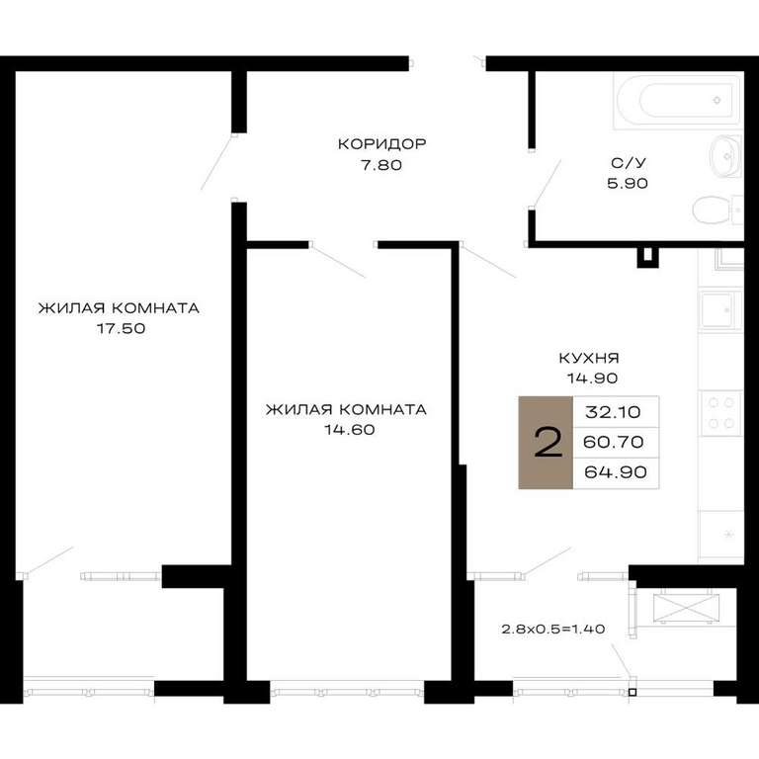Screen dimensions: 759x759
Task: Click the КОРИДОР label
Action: (x=381, y=143)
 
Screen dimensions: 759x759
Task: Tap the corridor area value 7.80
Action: (x=381, y=165)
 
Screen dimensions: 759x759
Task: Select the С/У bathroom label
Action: (x=629, y=163)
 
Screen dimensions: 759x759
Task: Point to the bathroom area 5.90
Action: (x=628, y=184)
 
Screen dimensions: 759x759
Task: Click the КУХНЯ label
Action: (x=589, y=358)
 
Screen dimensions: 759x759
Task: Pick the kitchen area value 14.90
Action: (x=593, y=379)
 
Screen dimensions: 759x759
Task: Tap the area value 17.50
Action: (x=121, y=329)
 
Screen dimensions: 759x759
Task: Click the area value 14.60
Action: (x=350, y=430)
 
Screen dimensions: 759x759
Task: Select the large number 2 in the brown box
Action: (x=548, y=442)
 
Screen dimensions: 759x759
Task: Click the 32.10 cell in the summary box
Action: (x=613, y=412)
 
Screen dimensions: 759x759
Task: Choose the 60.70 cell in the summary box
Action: (x=614, y=442)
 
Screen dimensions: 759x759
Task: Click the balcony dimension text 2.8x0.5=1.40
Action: (x=553, y=630)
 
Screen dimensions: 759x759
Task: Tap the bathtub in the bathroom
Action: (x=678, y=100)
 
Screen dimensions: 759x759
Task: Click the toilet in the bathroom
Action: (x=717, y=211)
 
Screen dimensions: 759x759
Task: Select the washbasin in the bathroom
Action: (x=726, y=156)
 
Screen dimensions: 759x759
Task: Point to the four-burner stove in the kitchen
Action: (x=720, y=413)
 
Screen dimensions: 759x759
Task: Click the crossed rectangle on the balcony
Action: (x=687, y=609)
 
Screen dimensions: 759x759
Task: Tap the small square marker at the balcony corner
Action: (x=632, y=692)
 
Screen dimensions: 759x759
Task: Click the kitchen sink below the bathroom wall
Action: (x=720, y=309)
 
